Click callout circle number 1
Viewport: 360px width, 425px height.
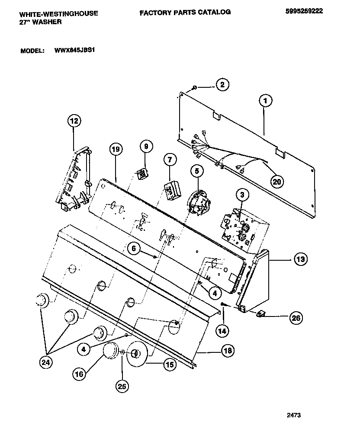point(266,101)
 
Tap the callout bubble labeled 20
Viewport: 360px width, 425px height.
point(277,182)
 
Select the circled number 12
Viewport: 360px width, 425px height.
point(74,122)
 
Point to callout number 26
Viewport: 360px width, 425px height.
point(296,318)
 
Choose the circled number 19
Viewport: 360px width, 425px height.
point(115,150)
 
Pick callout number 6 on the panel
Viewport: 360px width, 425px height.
point(134,248)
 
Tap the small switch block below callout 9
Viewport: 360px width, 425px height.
point(141,174)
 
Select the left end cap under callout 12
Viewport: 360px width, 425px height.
point(74,182)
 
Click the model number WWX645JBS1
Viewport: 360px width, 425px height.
point(74,50)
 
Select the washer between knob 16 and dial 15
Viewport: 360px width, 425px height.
point(123,352)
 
